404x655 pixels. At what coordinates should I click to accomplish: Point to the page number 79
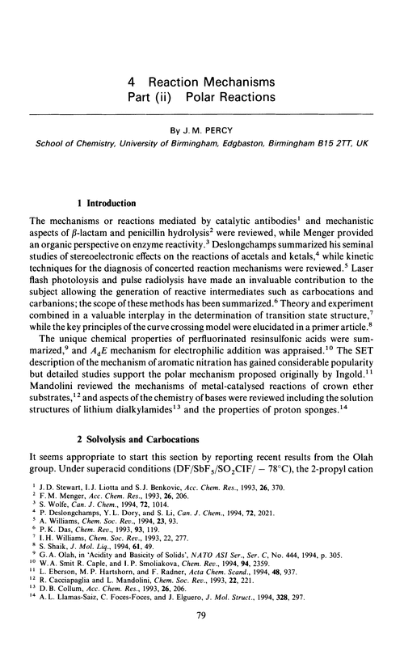[x=202, y=642]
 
